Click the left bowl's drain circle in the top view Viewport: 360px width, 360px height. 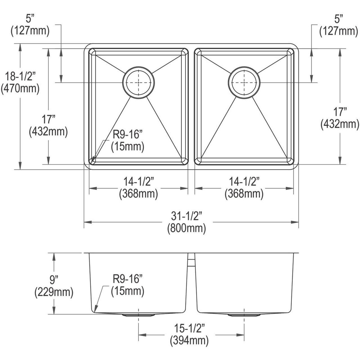(138, 82)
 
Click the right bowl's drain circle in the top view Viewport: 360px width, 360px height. (244, 82)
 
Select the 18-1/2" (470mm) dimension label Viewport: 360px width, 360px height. (20, 82)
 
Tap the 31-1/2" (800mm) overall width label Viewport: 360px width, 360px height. (186, 222)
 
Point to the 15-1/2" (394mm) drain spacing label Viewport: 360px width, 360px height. (189, 335)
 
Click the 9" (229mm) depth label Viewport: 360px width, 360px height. (54, 286)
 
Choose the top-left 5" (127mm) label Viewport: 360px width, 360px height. (30, 25)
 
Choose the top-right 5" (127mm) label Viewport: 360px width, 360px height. (339, 25)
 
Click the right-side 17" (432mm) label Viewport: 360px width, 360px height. (340, 118)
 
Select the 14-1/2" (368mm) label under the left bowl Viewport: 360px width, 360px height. (138, 188)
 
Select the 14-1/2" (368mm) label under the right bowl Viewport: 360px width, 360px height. (244, 188)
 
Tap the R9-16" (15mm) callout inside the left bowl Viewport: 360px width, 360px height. (127, 141)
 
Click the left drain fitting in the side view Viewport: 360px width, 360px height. (138, 315)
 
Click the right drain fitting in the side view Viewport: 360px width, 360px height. (244, 315)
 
